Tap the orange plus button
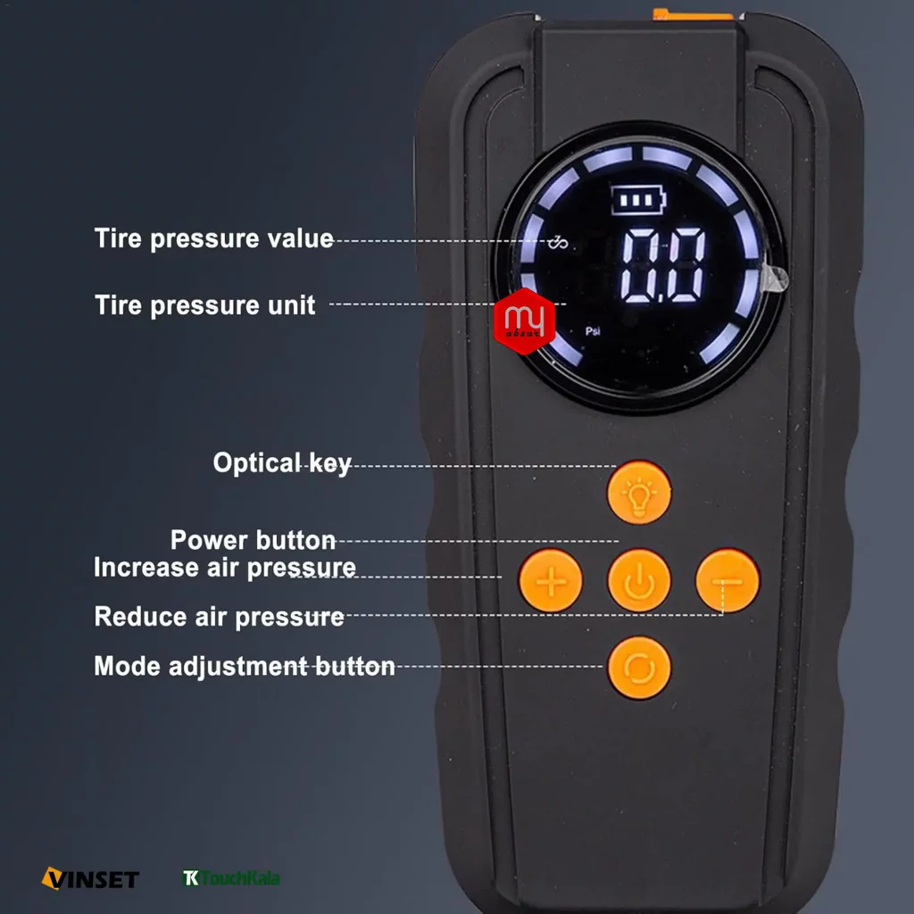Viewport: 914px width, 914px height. tap(550, 580)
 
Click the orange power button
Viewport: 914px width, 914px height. tap(639, 580)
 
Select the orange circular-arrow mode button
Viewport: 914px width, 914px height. tap(639, 668)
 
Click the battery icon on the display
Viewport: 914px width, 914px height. tap(638, 200)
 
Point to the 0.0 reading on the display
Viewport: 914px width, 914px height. tap(663, 265)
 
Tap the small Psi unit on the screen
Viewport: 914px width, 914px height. tap(593, 331)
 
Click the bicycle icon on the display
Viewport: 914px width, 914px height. tap(558, 242)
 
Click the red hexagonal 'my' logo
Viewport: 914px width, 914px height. tap(524, 321)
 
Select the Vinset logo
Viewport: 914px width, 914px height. tap(90, 878)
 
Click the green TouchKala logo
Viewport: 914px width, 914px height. tap(231, 878)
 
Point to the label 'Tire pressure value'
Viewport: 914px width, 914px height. tap(214, 238)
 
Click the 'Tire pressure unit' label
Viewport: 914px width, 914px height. tap(205, 305)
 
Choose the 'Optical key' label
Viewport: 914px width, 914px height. tap(282, 463)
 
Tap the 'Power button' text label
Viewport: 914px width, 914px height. tap(253, 540)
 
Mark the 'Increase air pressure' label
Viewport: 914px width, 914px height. tap(225, 567)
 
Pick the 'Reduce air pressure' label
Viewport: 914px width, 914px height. tap(220, 617)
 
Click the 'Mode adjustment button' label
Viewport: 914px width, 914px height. tap(245, 666)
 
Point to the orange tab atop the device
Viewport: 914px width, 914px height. tap(693, 14)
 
